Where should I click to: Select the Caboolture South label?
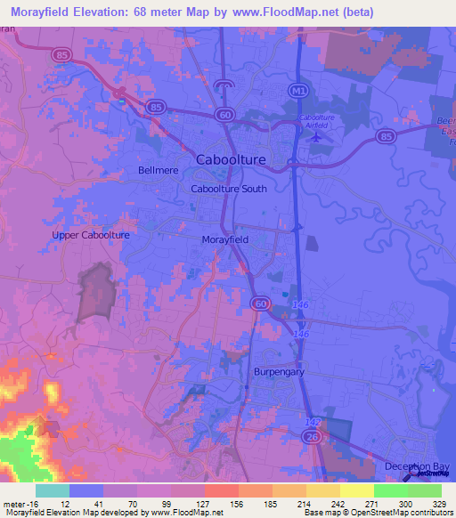pyautogui.click(x=229, y=189)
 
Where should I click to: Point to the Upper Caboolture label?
pyautogui.click(x=91, y=235)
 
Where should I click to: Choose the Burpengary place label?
pyautogui.click(x=279, y=372)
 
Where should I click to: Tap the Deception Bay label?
pyautogui.click(x=419, y=466)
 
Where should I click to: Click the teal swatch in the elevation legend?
pyautogui.click(x=53, y=490)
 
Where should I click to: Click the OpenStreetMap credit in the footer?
pyautogui.click(x=410, y=513)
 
